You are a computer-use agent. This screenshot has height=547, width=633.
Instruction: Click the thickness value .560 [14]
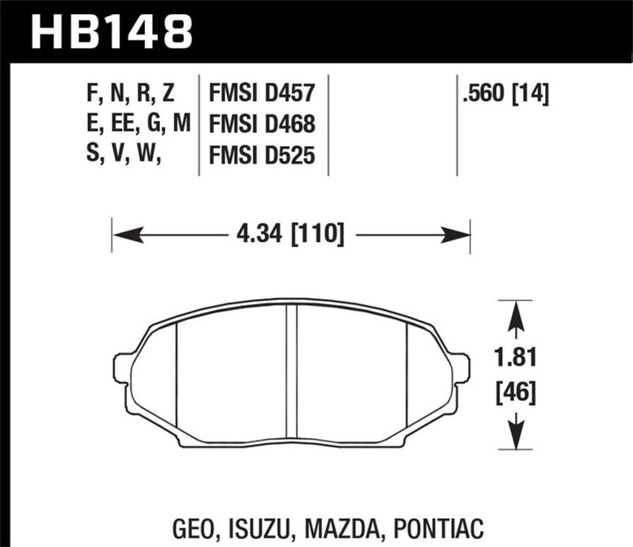507,92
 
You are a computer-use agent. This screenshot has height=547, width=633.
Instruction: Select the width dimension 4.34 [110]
290,236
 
